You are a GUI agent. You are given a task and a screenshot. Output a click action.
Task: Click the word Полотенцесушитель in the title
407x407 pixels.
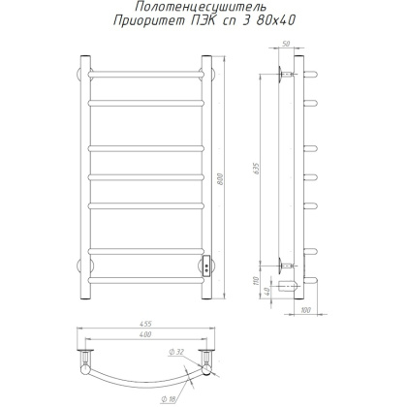[x=201, y=6]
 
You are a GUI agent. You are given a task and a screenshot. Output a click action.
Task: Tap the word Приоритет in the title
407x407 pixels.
[x=148, y=21]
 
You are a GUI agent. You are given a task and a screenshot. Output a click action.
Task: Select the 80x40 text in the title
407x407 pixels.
[x=275, y=20]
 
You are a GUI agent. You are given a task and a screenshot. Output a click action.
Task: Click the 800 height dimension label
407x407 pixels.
[x=221, y=178]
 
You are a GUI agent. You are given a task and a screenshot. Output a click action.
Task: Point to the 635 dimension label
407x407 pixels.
[x=257, y=169]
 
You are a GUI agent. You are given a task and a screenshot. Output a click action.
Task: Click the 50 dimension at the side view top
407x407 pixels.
[x=286, y=45]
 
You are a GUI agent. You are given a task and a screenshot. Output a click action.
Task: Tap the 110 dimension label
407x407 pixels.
[x=257, y=281]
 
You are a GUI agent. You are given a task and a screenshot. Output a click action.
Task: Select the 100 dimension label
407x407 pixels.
[x=305, y=310]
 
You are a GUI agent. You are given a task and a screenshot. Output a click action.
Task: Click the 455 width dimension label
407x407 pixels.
[x=145, y=324]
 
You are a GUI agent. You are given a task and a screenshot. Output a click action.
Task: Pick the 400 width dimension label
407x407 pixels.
[x=145, y=334]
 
